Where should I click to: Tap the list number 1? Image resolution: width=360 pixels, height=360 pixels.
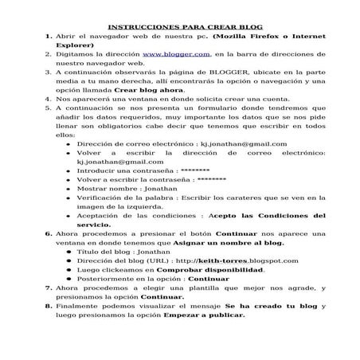49,37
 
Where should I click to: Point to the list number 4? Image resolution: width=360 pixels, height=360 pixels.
49,100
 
